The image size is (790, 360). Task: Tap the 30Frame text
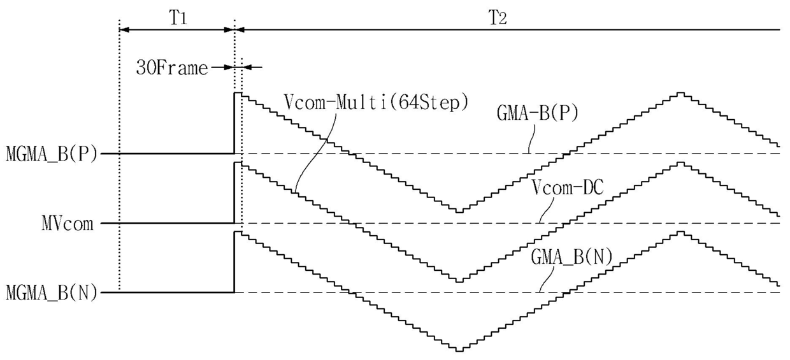pos(172,68)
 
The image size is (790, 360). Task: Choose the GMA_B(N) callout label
pos(571,258)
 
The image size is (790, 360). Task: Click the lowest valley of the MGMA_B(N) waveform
pos(459,350)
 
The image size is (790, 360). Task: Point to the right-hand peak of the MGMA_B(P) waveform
pos(680,93)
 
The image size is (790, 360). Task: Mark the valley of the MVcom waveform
pos(459,280)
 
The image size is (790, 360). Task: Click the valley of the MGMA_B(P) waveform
pos(459,211)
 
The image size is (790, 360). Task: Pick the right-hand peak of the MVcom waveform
pos(680,163)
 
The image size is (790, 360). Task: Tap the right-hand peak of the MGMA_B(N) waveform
pos(680,232)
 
